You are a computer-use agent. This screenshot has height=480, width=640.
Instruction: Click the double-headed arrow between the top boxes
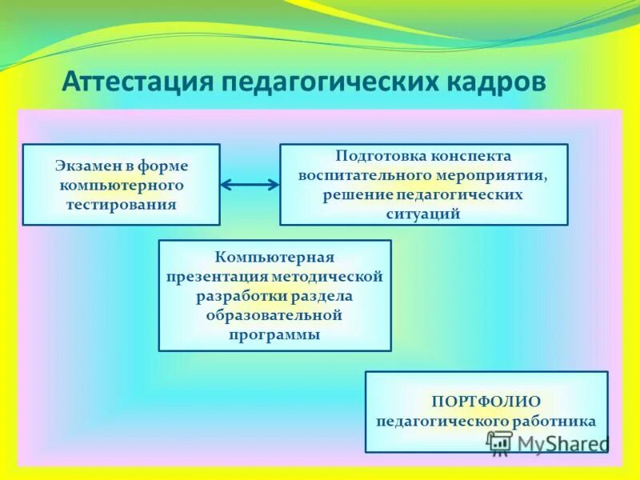point(250,185)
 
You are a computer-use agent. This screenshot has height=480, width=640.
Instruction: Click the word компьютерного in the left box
point(121,185)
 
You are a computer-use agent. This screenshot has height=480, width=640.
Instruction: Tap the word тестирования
point(121,204)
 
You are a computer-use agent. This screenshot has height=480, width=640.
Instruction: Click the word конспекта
point(472,156)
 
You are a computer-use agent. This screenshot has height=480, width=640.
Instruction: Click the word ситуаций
point(423,214)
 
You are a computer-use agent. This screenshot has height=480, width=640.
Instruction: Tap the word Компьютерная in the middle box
point(274,258)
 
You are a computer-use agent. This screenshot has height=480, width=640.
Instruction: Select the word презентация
point(216,277)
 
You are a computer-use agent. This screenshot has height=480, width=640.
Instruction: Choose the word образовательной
point(274,315)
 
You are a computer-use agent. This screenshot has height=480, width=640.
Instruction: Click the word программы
point(274,334)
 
